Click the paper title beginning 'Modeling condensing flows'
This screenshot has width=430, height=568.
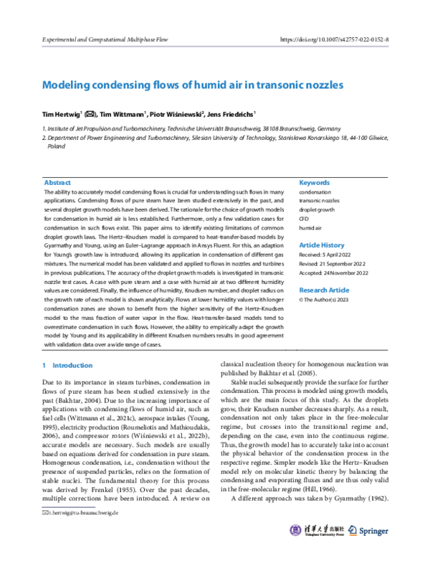coord(193,85)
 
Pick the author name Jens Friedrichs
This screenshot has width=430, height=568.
coord(233,113)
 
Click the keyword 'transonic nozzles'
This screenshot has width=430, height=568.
coord(320,202)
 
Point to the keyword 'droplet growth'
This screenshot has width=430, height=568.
coord(317,210)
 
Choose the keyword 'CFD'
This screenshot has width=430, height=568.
coord(305,219)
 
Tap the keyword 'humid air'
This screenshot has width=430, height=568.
coord(311,227)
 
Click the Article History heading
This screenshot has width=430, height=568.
coord(322,245)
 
